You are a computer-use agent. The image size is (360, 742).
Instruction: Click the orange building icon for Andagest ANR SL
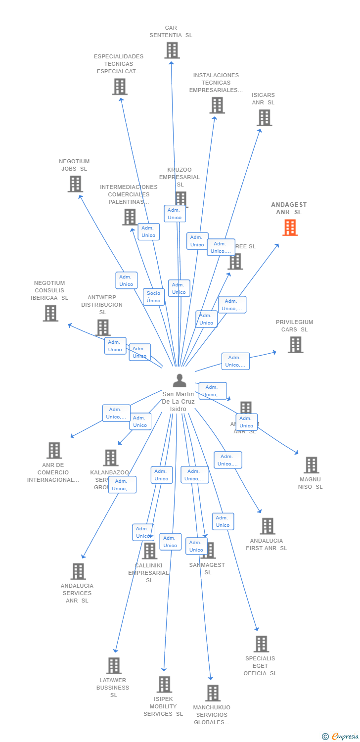pyautogui.click(x=290, y=228)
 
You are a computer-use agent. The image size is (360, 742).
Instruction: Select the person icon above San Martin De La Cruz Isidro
pyautogui.click(x=180, y=380)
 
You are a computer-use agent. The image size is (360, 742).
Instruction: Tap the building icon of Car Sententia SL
pyautogui.click(x=172, y=50)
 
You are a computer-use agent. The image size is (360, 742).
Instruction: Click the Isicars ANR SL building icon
pyautogui.click(x=265, y=118)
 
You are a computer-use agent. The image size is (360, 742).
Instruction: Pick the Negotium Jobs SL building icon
pyautogui.click(x=75, y=184)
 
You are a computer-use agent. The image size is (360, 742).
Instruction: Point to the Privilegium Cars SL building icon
pyautogui.click(x=295, y=345)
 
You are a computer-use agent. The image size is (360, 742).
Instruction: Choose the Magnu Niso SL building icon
pyautogui.click(x=311, y=465)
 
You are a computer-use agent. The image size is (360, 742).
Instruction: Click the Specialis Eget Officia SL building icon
pyautogui.click(x=261, y=644)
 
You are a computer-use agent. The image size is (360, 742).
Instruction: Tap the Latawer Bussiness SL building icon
pyautogui.click(x=114, y=665)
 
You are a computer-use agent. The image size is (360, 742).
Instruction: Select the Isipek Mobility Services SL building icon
pyautogui.click(x=164, y=684)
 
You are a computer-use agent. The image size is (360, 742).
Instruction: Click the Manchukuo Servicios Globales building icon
pyautogui.click(x=213, y=693)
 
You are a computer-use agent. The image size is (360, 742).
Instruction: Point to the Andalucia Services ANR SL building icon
pyautogui.click(x=78, y=571)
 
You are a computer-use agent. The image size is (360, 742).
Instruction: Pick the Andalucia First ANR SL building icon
pyautogui.click(x=268, y=526)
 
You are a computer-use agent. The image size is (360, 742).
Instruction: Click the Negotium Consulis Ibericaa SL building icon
pyautogui.click(x=50, y=313)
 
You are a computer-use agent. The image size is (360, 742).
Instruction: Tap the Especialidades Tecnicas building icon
pyautogui.click(x=119, y=87)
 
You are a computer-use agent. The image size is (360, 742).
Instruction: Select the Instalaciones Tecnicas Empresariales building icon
pyautogui.click(x=217, y=105)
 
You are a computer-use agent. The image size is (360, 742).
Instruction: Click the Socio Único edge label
pyautogui.click(x=153, y=297)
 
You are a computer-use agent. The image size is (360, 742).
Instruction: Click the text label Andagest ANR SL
pyautogui.click(x=289, y=208)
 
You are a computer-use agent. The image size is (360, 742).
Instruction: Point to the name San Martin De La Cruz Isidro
pyautogui.click(x=178, y=401)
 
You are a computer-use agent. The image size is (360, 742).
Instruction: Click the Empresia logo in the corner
pyautogui.click(x=341, y=737)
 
